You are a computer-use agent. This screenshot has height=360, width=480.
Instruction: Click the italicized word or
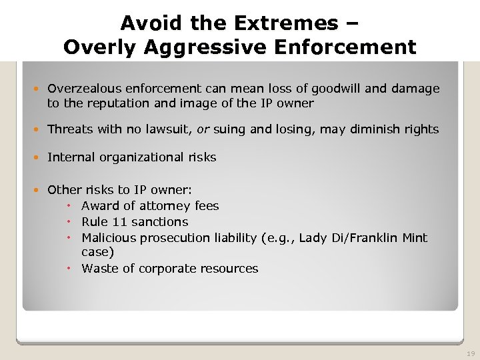(x=201, y=129)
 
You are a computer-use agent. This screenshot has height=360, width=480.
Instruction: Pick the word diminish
(x=373, y=129)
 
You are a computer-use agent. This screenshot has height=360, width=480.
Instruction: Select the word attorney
(x=165, y=206)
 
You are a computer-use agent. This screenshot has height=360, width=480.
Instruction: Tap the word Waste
(x=99, y=269)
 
